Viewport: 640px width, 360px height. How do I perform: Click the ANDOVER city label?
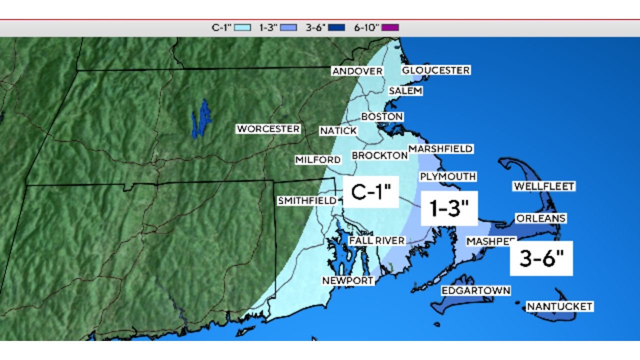pyautogui.click(x=357, y=71)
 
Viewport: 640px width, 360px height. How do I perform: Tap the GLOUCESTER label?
pyautogui.click(x=435, y=70)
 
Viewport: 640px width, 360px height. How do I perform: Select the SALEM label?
pyautogui.click(x=405, y=91)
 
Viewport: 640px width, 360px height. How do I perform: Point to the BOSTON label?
pyautogui.click(x=382, y=116)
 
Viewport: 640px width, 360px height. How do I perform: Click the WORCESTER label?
pyautogui.click(x=268, y=129)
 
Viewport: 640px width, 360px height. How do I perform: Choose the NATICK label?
pyautogui.click(x=338, y=131)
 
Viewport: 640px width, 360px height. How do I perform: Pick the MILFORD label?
pyautogui.click(x=318, y=160)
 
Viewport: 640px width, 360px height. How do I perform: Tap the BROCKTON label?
pyautogui.click(x=379, y=155)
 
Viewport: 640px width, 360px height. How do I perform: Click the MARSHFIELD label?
pyautogui.click(x=440, y=149)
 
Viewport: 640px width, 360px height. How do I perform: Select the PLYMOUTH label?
pyautogui.click(x=447, y=176)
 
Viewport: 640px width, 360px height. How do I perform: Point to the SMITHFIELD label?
pyautogui.click(x=307, y=201)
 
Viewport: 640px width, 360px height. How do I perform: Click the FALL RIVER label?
pyautogui.click(x=376, y=240)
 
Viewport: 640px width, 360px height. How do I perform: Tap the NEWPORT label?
pyautogui.click(x=347, y=280)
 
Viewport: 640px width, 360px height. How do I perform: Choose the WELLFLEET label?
pyautogui.click(x=543, y=186)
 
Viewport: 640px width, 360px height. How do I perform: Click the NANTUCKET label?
pyautogui.click(x=559, y=306)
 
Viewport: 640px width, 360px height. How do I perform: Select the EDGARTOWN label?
pyautogui.click(x=475, y=290)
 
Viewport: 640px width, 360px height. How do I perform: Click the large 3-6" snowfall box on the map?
pyautogui.click(x=541, y=258)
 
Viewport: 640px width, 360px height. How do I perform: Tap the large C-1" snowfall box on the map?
pyautogui.click(x=370, y=192)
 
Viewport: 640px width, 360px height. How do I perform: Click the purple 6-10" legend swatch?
pyautogui.click(x=390, y=27)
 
